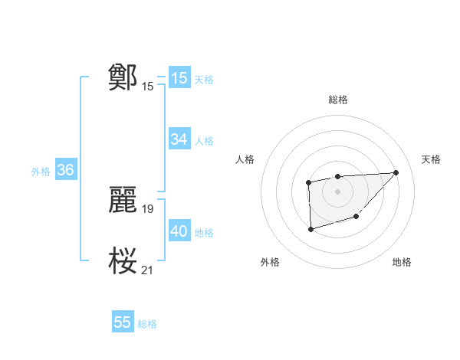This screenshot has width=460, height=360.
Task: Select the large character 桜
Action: (x=123, y=260)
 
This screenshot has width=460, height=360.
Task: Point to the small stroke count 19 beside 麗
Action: (x=148, y=208)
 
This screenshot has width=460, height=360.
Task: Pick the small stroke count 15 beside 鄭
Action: (x=148, y=86)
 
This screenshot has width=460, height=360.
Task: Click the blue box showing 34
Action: (x=179, y=139)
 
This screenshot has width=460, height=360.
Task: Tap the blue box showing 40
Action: (x=179, y=231)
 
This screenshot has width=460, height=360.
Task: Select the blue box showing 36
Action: (x=65, y=170)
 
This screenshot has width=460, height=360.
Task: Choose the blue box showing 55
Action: (x=123, y=322)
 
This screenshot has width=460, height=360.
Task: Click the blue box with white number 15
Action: (x=179, y=78)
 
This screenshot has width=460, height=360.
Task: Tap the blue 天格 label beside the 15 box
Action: (x=204, y=79)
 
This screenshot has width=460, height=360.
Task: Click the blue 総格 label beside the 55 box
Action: (x=147, y=324)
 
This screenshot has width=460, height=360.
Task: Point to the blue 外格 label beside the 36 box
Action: (x=41, y=172)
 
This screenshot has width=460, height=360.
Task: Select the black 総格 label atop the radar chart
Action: (x=338, y=100)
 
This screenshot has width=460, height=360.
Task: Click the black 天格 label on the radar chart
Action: (x=432, y=159)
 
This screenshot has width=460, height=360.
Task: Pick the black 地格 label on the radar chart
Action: (x=402, y=262)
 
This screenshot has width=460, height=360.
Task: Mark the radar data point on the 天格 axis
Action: (x=396, y=172)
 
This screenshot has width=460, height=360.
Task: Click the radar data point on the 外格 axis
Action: (x=310, y=228)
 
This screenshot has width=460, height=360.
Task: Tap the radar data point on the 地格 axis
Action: (x=356, y=217)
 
